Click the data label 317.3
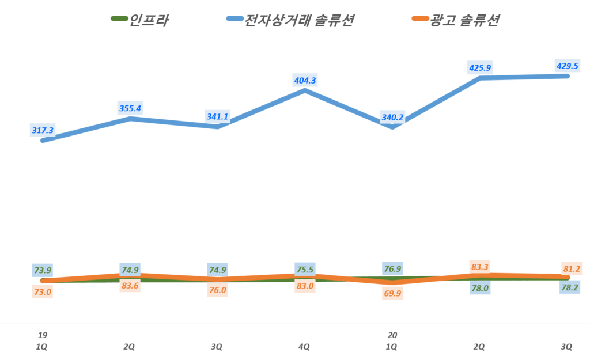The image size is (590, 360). [43, 131]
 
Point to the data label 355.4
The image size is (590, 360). [130, 108]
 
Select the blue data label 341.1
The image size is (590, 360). [218, 117]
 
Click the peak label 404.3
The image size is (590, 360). [305, 81]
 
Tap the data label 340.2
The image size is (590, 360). [393, 118]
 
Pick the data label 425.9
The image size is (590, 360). [480, 67]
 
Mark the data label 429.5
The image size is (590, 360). [567, 65]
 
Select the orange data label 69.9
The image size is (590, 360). [393, 294]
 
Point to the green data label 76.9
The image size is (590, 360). [393, 268]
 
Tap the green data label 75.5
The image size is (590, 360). [304, 270]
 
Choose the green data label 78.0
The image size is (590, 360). [479, 288]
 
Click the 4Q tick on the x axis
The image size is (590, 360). [304, 347]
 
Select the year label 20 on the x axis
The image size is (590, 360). [393, 335]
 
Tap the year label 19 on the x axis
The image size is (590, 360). [42, 335]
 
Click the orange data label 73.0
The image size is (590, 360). [42, 291]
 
